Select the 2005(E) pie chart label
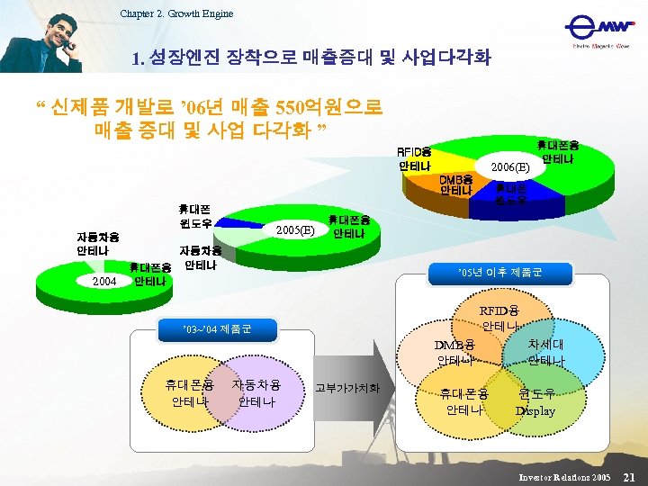click(x=295, y=229)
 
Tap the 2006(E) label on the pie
click(x=510, y=167)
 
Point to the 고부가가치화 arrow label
click(x=347, y=389)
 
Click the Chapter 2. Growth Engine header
click(x=176, y=13)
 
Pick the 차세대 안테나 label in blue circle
click(x=546, y=352)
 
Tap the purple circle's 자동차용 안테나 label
click(x=256, y=392)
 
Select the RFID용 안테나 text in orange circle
click(x=500, y=318)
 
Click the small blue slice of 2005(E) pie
click(x=242, y=220)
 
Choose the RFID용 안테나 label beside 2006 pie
click(x=414, y=159)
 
